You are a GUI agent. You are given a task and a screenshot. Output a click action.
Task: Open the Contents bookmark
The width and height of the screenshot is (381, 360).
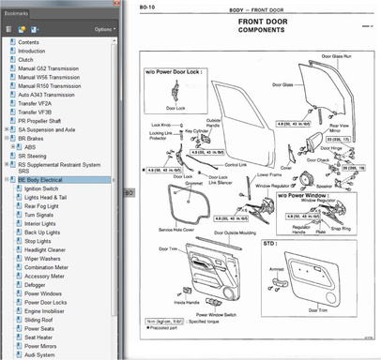click(29, 42)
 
